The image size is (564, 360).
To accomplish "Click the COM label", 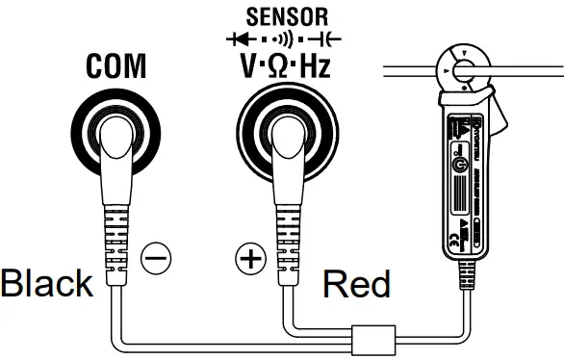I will [x=115, y=67].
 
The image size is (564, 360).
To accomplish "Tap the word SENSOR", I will [x=288, y=16].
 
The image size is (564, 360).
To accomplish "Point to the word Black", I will [x=46, y=284].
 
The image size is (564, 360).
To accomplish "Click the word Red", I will [x=356, y=285].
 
